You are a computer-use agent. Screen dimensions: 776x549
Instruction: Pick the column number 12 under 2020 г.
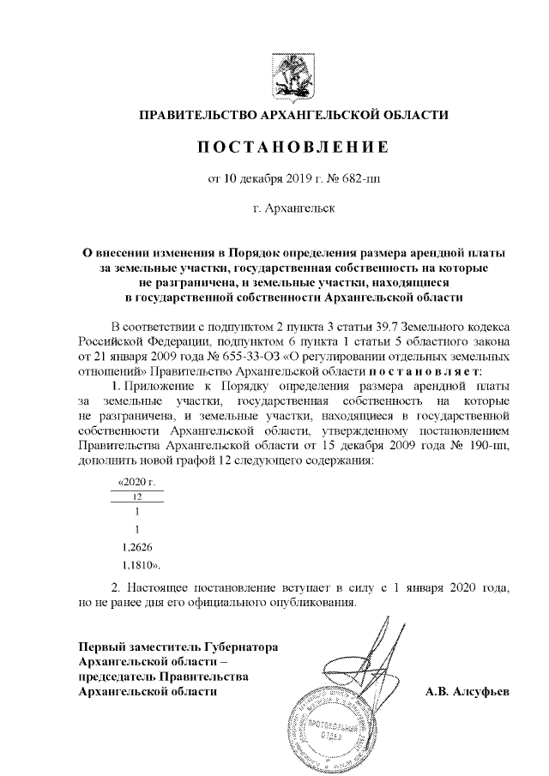click(x=137, y=496)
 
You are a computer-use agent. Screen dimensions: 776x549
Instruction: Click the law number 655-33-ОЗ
click(x=246, y=358)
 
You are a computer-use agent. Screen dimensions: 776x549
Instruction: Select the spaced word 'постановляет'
click(x=425, y=372)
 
